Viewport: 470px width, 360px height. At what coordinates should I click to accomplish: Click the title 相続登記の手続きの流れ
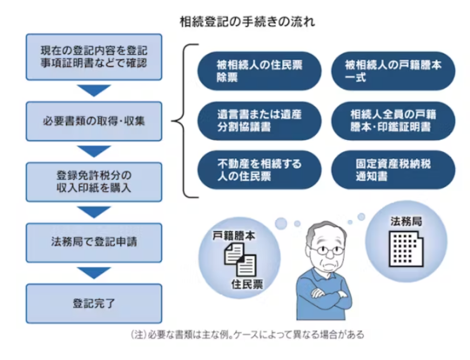(247, 22)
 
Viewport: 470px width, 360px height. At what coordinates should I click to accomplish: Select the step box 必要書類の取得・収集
(94, 121)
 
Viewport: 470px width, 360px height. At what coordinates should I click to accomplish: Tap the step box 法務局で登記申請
(94, 243)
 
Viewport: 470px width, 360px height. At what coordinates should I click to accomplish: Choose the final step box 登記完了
(94, 303)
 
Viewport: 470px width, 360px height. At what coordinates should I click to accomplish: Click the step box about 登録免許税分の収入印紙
(94, 182)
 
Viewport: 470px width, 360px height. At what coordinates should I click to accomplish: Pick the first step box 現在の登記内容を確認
(94, 57)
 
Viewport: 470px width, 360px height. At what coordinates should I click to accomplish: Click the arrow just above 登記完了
(94, 273)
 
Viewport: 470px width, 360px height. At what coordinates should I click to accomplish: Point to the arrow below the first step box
(94, 90)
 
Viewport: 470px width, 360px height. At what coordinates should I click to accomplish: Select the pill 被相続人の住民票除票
(259, 71)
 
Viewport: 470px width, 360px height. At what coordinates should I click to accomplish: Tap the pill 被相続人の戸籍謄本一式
(393, 71)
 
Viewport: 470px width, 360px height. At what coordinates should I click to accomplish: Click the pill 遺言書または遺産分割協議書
(259, 121)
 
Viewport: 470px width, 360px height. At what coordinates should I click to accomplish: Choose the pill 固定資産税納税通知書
(393, 170)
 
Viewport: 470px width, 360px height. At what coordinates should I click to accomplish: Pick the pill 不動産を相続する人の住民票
(259, 170)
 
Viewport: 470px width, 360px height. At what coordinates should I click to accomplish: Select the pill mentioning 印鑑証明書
(393, 121)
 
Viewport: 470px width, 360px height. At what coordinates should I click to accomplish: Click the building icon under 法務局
(406, 249)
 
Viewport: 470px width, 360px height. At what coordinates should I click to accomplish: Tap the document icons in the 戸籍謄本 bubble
(240, 259)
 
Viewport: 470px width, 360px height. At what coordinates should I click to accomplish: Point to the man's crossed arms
(326, 296)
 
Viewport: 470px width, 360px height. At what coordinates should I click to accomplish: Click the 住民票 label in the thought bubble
(246, 284)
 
